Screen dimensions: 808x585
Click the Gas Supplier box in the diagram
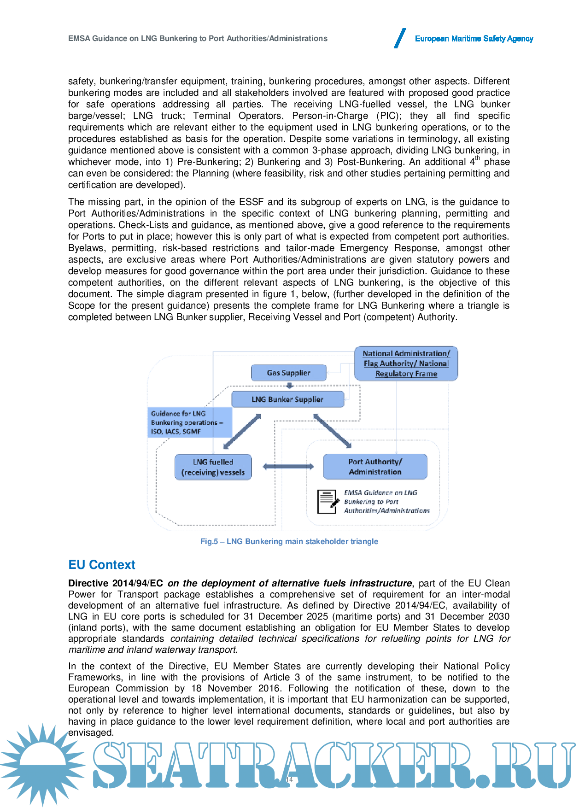coord(288,373)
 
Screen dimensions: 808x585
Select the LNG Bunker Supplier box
coord(287,399)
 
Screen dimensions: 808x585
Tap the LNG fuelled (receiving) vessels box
coord(213,467)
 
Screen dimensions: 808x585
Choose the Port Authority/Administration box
coord(375,467)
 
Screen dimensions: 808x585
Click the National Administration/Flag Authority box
coord(406,363)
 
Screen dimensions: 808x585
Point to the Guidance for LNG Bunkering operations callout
coord(189,422)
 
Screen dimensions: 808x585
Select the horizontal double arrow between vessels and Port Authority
coord(288,467)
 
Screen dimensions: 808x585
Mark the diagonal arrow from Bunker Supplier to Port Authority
coord(332,431)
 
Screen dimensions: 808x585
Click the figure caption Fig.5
coord(289,541)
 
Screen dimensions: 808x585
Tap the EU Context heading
coord(101,565)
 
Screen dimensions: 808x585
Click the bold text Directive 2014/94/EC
coord(116,583)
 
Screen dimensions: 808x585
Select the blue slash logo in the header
coord(400,38)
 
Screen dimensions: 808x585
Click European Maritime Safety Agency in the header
coord(474,39)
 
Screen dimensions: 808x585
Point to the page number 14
coord(289,779)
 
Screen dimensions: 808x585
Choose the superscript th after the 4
coord(478,158)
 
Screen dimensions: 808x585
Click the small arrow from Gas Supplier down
coord(290,386)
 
